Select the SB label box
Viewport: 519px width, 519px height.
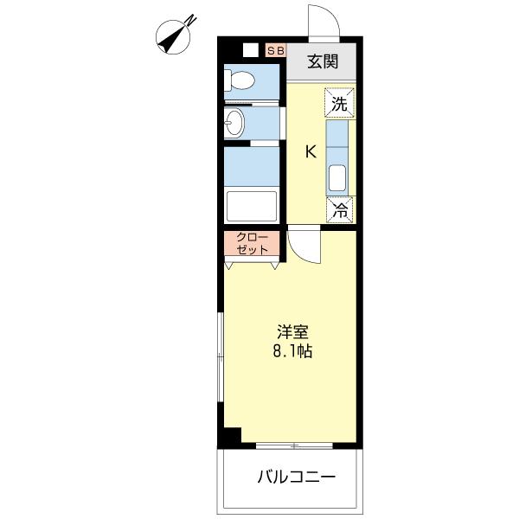click(x=275, y=51)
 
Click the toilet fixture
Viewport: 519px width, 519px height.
click(x=240, y=81)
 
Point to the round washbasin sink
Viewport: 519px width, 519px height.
click(x=234, y=123)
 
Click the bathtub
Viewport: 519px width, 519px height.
click(x=251, y=207)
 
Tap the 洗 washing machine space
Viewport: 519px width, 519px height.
click(x=340, y=103)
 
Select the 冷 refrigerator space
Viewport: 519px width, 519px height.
click(x=340, y=208)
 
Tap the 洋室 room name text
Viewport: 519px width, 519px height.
click(x=292, y=332)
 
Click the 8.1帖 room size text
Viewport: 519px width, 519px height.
click(x=292, y=352)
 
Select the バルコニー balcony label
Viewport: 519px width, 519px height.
click(x=295, y=477)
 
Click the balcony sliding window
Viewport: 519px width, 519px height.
click(x=295, y=446)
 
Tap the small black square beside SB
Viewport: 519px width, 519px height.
click(x=250, y=50)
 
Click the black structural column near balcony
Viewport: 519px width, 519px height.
click(x=228, y=439)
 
